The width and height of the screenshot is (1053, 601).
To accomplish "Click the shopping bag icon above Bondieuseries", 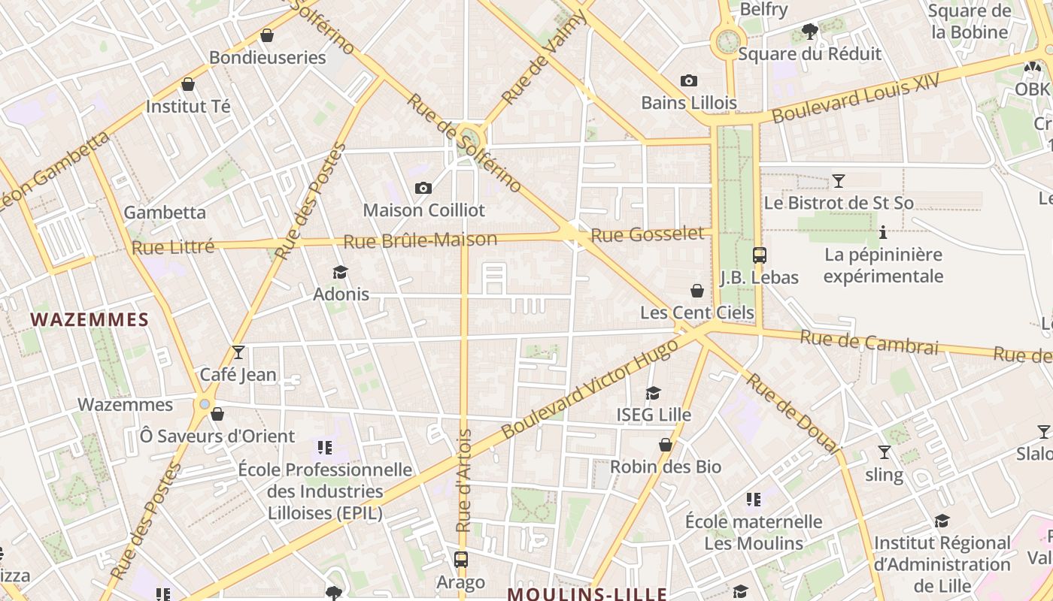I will (266, 35).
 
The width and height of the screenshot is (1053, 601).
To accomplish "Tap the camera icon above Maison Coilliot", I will (423, 188).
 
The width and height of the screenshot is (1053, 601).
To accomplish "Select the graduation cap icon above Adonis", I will (341, 271).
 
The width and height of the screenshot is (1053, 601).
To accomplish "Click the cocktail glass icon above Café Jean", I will (238, 352).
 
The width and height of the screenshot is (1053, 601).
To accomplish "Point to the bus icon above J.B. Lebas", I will (759, 255).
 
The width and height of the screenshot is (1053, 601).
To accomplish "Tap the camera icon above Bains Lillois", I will (688, 80).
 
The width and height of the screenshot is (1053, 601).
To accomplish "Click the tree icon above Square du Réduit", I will (809, 32).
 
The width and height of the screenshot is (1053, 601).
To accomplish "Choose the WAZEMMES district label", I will (90, 320).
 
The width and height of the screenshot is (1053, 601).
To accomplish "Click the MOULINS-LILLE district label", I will (587, 594).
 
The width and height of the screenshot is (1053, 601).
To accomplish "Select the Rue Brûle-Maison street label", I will (420, 240).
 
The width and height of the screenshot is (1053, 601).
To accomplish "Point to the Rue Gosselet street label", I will (648, 234).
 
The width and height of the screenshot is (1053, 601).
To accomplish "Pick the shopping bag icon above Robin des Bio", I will (665, 445).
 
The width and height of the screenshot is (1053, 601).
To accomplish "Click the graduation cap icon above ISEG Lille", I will (653, 393).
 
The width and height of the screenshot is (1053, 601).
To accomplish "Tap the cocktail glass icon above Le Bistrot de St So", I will (838, 180).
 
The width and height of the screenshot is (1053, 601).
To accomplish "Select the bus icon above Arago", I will (460, 560).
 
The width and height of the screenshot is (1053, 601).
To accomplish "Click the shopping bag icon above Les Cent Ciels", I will (697, 291).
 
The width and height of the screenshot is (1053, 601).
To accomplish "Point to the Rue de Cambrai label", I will (869, 343).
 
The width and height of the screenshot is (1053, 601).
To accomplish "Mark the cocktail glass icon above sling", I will (884, 452).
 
